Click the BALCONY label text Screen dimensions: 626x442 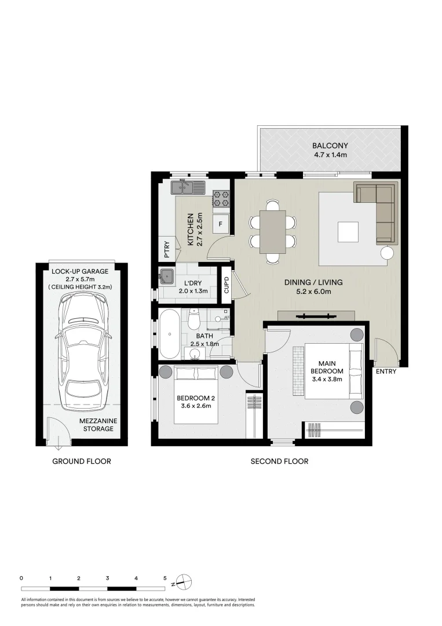[x=330, y=145]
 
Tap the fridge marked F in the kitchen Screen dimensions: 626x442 [x=221, y=223]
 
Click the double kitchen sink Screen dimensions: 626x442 [x=188, y=187]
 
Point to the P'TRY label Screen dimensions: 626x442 [x=166, y=249]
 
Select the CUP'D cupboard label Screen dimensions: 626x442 [x=227, y=285]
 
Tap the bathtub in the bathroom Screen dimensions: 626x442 [x=170, y=334]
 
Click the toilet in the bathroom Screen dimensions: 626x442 [x=195, y=318]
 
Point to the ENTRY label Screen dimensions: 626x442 [x=386, y=372]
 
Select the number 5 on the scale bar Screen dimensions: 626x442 [x=165, y=578]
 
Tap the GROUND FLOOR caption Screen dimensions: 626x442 [x=82, y=461]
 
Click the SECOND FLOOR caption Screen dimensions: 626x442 [x=279, y=461]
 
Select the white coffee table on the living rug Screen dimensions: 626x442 [x=348, y=232]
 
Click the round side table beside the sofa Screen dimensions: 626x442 [x=387, y=253]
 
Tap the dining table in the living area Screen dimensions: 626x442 [x=272, y=232]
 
